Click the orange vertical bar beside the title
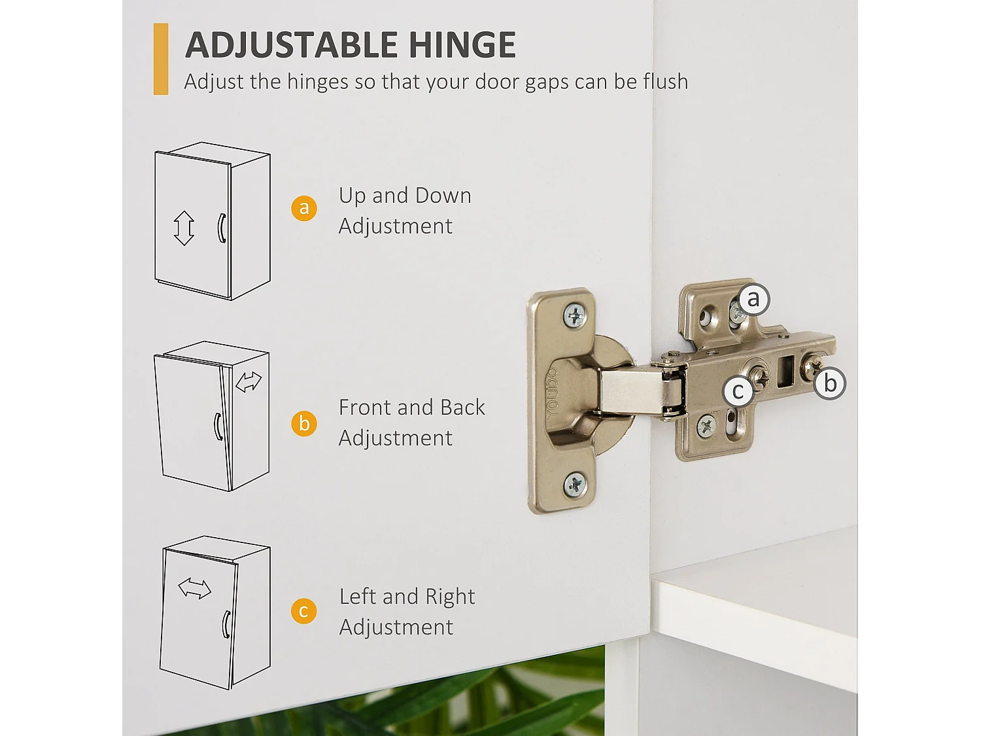click(161, 59)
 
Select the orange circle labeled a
click(304, 208)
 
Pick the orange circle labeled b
click(304, 423)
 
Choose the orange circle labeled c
click(304, 611)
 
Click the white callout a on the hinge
click(753, 300)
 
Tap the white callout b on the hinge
click(830, 383)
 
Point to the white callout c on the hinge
click(738, 391)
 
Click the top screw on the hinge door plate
click(575, 316)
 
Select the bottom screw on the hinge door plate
click(575, 484)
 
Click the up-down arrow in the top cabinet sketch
click(184, 228)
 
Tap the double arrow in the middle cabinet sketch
click(249, 382)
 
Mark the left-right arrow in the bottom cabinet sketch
click(195, 589)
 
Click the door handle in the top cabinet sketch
click(221, 228)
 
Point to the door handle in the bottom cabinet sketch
click(226, 624)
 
